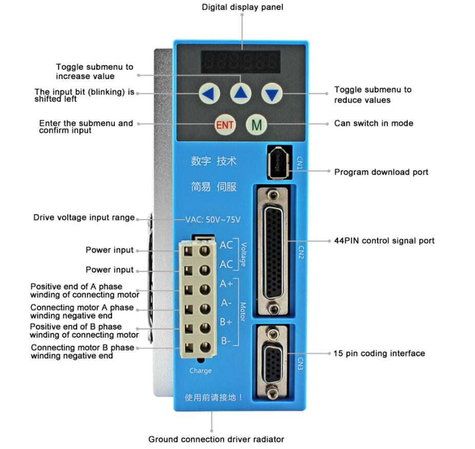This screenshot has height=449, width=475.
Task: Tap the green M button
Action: point(256,124)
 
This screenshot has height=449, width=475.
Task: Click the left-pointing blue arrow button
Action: point(209,93)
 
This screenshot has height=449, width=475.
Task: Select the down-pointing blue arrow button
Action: point(272,93)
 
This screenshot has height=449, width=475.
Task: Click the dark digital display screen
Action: point(241,62)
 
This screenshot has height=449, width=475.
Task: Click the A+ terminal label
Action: point(226,284)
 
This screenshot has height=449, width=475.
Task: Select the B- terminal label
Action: point(226,341)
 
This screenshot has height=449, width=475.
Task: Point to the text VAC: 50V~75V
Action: point(213,220)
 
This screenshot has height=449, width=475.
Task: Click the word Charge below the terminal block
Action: point(200,370)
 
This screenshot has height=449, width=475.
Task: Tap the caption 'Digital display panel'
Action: point(242,7)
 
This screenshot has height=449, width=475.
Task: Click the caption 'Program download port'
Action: point(381,172)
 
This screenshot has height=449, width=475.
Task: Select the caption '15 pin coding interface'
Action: point(379,353)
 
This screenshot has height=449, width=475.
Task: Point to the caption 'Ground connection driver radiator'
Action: point(216,439)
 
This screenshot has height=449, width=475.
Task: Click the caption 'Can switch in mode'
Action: point(373,123)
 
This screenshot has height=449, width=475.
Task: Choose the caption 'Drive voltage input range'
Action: point(84,218)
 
